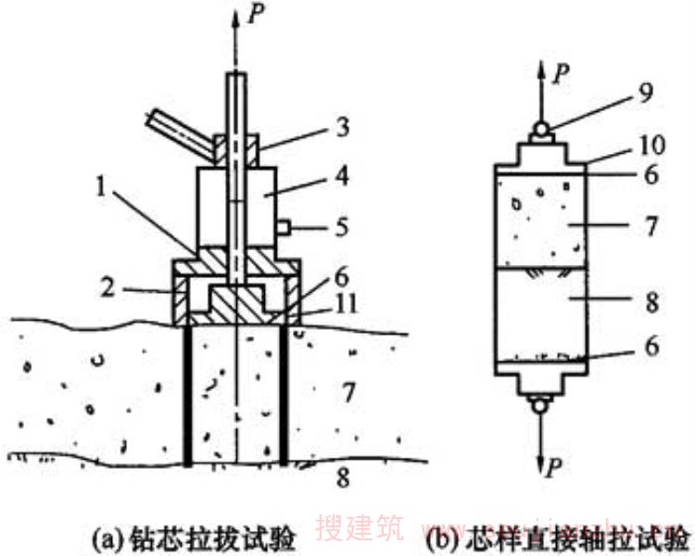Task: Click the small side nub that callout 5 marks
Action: coord(284,226)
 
